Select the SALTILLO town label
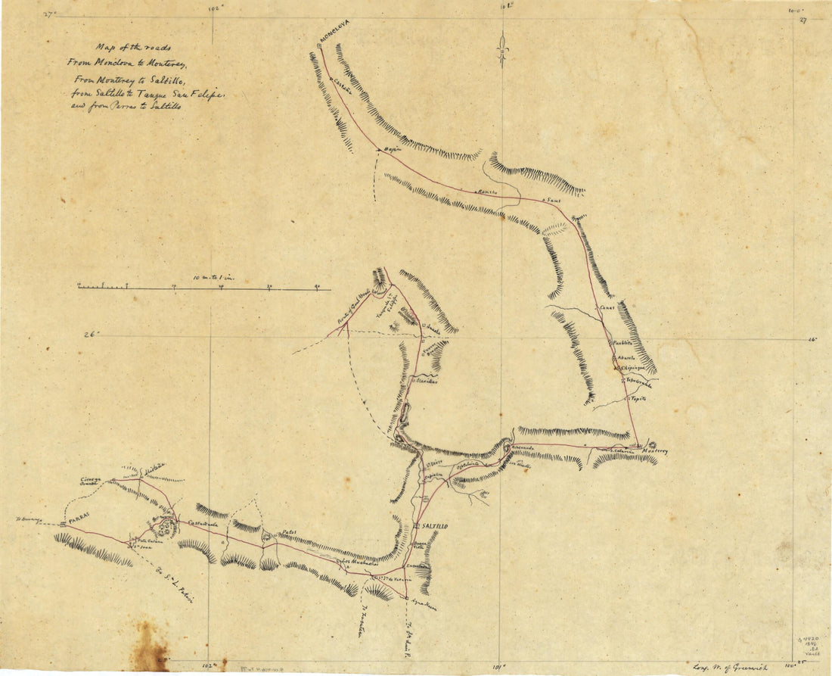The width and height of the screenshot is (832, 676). pos(436,525)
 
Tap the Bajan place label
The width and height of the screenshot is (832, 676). pos(391,151)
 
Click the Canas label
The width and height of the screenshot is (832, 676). pos(607,308)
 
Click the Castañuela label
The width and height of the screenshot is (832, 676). pos(203,524)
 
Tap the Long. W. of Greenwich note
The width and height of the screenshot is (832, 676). pos(731,666)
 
